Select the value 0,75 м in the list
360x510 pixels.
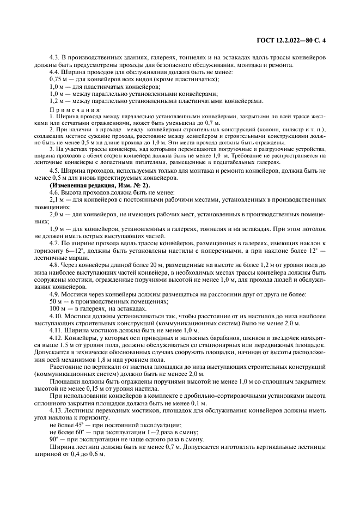58,80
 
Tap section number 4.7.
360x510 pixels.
54,242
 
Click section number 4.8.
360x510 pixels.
54,264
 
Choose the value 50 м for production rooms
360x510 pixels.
55,301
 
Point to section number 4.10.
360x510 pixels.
56,316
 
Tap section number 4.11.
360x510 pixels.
56,330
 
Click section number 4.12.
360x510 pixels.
56,338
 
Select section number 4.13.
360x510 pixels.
56,410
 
